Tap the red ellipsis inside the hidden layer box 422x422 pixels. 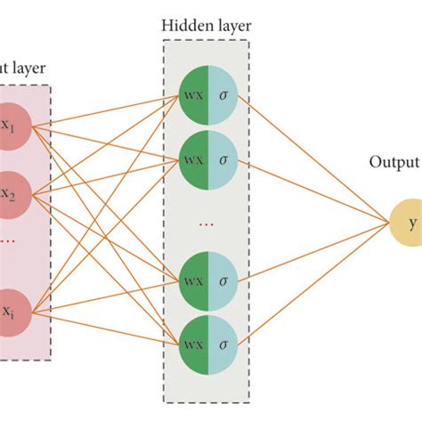[207, 225]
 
